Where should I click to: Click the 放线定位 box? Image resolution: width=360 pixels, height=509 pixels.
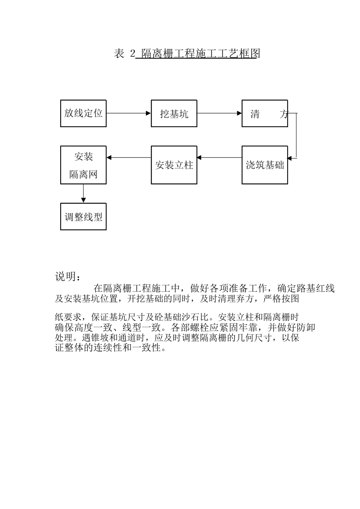coord(83,113)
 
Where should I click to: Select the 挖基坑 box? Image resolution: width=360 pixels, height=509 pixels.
coord(174,113)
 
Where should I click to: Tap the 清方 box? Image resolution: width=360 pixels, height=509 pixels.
coord(265,113)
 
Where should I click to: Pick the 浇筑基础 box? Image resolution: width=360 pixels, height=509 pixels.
coord(265,165)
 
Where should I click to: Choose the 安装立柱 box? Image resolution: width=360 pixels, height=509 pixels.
coord(174,165)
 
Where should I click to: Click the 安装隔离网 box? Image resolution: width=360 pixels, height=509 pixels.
coord(83,165)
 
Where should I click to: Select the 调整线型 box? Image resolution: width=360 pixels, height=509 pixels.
coord(83,217)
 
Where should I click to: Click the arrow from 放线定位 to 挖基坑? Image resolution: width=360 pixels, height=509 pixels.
coord(128,113)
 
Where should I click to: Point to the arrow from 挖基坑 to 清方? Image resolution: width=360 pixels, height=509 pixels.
coord(219,113)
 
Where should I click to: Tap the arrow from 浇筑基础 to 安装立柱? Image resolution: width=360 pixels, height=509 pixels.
coord(219,157)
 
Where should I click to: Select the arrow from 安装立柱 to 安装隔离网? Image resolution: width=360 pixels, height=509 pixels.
coord(128,157)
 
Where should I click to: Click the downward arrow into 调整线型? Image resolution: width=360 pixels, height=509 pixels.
coord(83,194)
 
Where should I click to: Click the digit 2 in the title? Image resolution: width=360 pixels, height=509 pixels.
coord(132,54)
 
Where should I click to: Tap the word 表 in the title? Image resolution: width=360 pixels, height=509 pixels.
coord(119,54)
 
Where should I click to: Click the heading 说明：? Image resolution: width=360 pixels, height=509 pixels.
coord(68,277)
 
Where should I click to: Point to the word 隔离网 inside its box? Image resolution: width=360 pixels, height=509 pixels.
coord(83,174)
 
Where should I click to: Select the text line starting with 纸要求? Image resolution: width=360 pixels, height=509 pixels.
coord(177,317)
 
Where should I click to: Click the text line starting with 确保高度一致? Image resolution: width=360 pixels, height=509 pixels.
coord(185,327)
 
